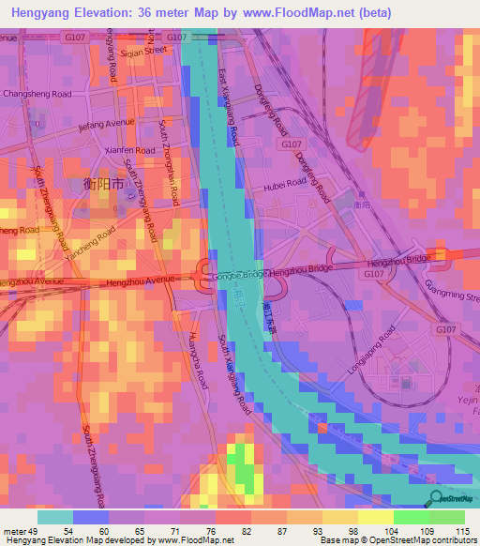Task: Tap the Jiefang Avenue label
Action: click(x=108, y=124)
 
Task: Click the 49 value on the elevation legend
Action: click(x=27, y=533)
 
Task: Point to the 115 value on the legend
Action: click(x=460, y=533)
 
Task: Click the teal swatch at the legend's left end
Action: click(x=55, y=517)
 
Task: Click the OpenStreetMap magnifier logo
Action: click(x=434, y=498)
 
